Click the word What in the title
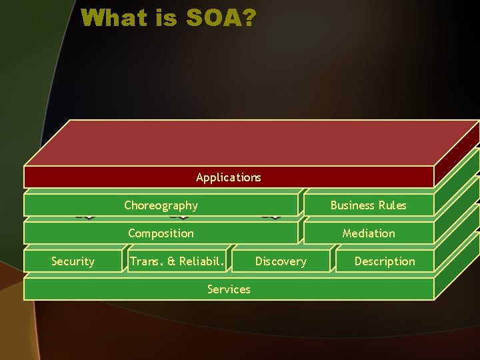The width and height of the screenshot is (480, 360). point(113,18)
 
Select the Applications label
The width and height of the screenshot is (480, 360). point(229,177)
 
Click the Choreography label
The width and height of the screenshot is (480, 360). point(161,205)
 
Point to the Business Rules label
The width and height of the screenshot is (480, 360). point(368,205)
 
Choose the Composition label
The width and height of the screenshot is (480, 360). point(161,233)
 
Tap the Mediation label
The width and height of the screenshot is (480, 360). point(368,233)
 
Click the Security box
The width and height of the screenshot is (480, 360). point(73,261)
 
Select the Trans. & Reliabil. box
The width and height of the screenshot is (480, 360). point(177,261)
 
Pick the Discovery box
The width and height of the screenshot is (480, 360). point(281,261)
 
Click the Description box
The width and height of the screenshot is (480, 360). point(384,261)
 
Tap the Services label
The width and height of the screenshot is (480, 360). point(229,289)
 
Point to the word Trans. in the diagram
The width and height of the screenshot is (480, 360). point(145,261)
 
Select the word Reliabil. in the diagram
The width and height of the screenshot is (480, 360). point(201,261)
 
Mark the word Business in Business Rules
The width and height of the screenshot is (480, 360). point(352,205)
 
